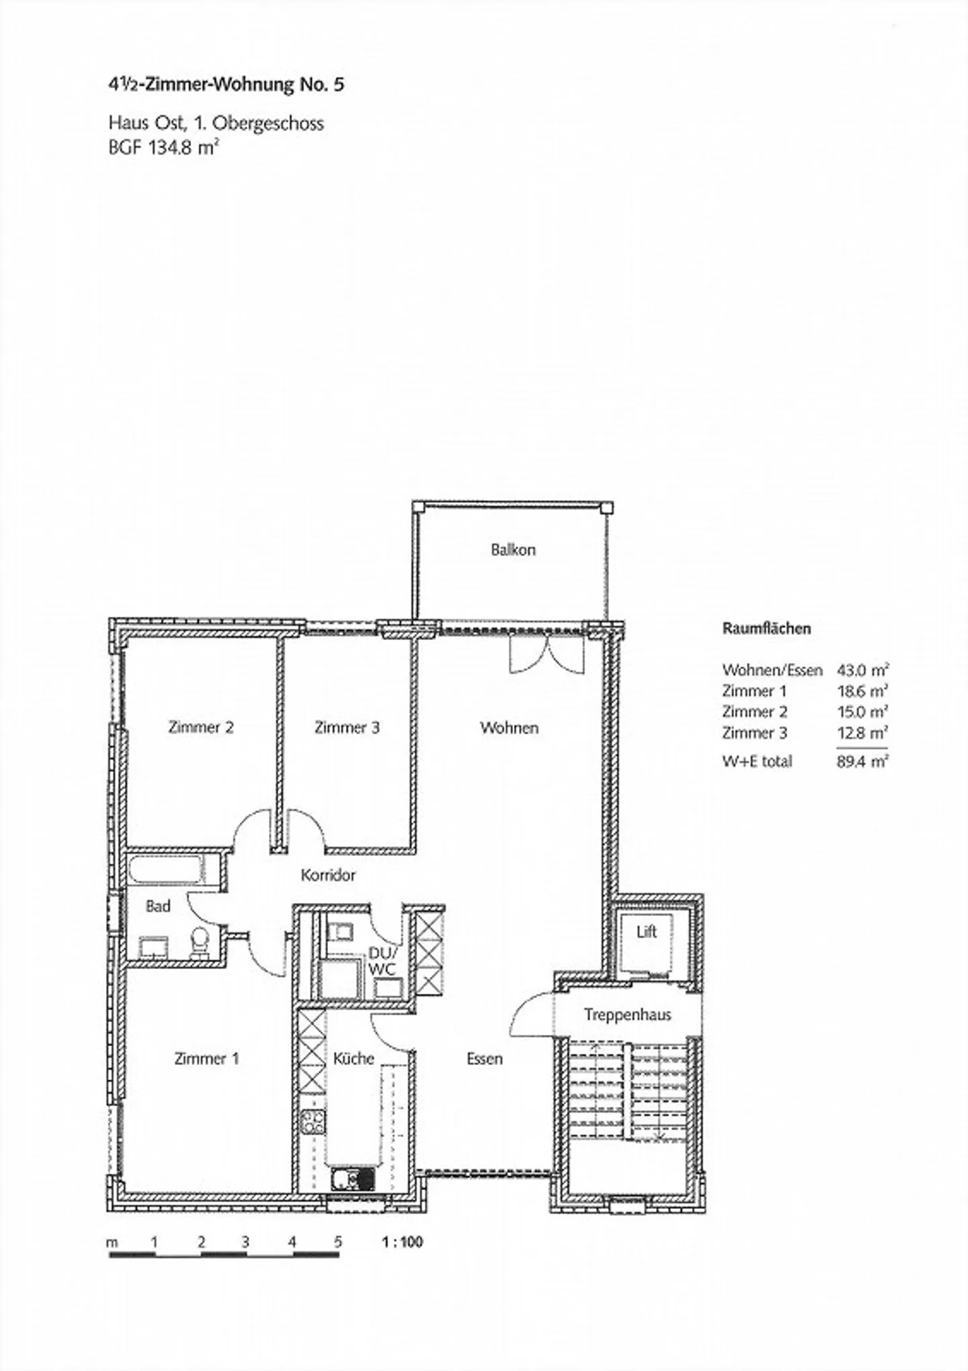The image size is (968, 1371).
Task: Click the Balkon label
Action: tap(513, 550)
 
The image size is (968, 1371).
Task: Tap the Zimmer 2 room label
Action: tap(201, 728)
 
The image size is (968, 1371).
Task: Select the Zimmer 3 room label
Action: tap(347, 728)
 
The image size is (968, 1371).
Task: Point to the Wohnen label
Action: tap(509, 728)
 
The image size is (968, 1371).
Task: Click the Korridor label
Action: tap(328, 875)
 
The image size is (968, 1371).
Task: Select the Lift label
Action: tap(647, 932)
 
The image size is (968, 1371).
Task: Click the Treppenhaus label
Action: tap(628, 1015)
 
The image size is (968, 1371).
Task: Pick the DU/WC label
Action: tap(383, 962)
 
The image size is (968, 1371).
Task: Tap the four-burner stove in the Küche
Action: tap(313, 1120)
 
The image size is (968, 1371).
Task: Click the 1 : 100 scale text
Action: tap(403, 1242)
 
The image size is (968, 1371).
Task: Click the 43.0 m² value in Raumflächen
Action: tap(863, 670)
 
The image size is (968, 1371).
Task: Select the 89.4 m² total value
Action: tap(863, 761)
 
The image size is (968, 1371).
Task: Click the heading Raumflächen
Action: tap(766, 629)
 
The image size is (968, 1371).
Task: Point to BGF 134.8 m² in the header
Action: tap(165, 147)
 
